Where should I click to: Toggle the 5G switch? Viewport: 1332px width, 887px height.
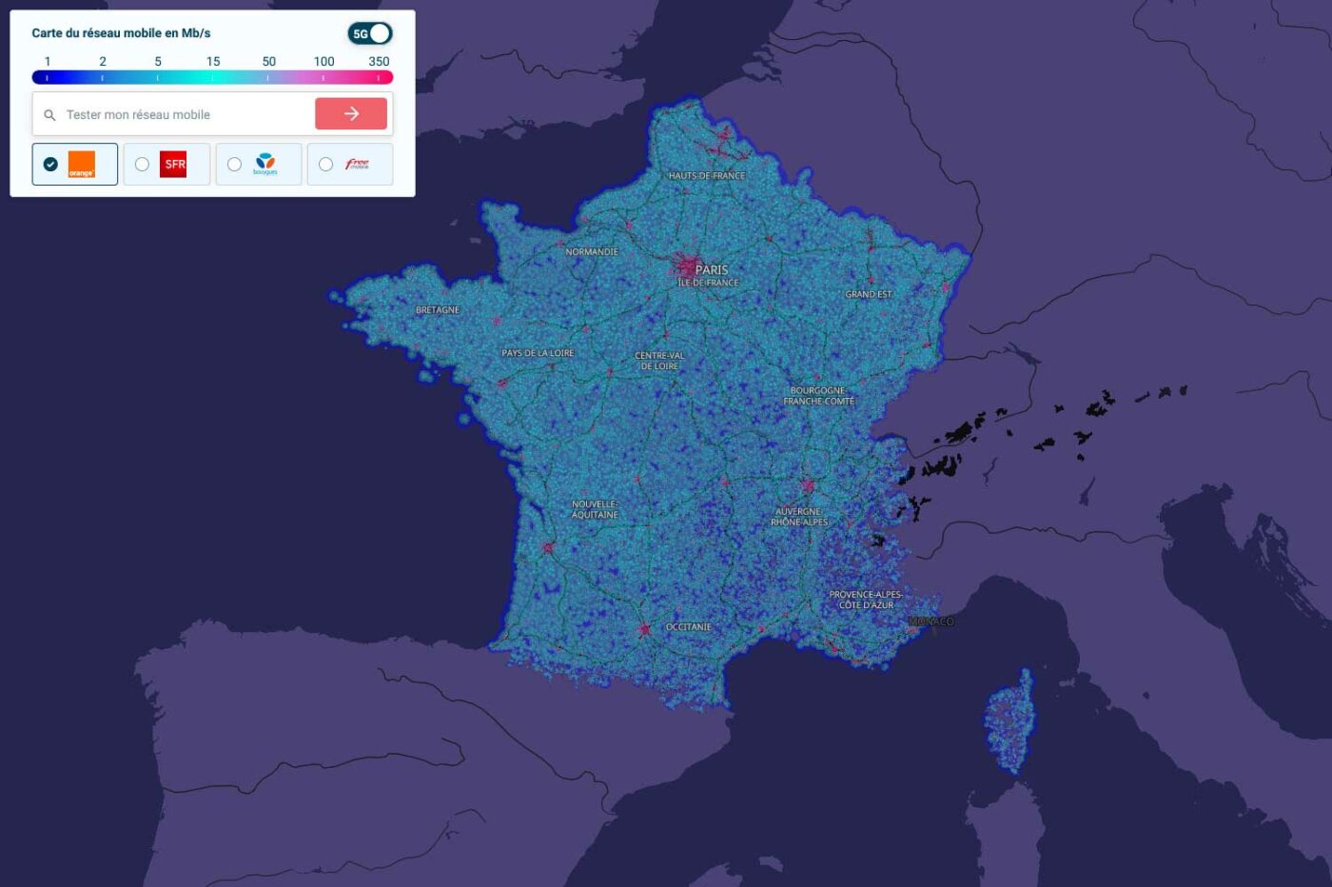point(370,33)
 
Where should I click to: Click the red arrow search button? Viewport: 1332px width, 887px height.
point(351,113)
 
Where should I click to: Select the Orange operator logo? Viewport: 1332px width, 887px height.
point(81,165)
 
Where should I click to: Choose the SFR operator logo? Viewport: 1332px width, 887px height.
point(173,165)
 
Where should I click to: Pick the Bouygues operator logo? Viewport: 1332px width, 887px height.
point(264,165)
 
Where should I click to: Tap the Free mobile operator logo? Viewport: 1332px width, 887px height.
point(357,165)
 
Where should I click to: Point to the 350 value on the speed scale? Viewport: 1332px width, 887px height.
point(379,61)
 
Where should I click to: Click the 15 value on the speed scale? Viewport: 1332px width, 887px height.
point(213,61)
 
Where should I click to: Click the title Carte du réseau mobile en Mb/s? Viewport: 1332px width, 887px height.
point(121,32)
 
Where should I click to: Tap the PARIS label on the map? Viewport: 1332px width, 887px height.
point(711,269)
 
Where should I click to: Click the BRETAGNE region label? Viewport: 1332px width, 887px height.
point(438,310)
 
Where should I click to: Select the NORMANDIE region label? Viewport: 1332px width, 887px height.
point(592,252)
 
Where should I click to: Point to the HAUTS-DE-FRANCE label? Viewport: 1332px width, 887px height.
point(707,176)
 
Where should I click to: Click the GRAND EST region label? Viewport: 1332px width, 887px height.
point(869,294)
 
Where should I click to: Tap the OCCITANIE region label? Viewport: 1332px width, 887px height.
point(689,627)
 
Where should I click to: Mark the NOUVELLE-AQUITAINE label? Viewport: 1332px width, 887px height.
point(595,509)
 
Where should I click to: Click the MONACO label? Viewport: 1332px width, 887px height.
point(932,621)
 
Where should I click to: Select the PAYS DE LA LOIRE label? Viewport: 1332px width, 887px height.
point(538,353)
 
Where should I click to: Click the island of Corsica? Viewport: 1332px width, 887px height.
point(1009,719)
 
